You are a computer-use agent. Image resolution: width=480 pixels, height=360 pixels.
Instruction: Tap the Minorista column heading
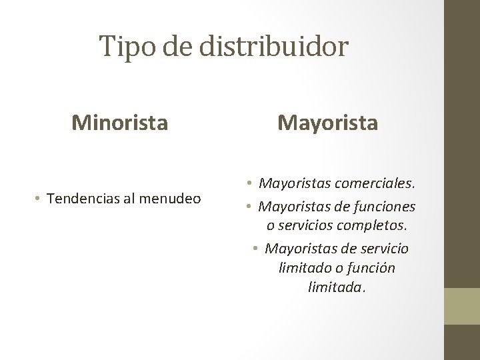120,122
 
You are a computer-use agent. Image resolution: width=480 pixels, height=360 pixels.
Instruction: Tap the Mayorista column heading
327,123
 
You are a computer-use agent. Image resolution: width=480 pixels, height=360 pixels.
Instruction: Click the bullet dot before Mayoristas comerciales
248,182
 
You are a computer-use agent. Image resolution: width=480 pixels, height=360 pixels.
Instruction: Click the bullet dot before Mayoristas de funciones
248,206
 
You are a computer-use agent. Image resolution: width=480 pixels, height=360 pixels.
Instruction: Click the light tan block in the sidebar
462,306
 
